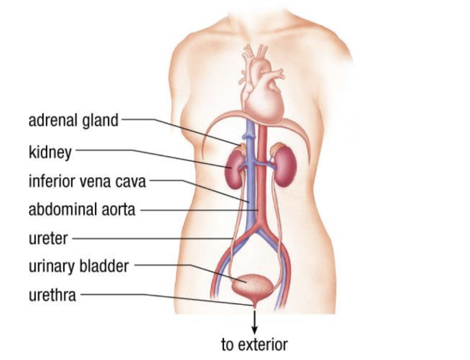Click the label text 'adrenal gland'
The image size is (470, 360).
point(73,120)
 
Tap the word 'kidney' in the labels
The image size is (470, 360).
point(50,152)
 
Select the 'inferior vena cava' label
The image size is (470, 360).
point(87,182)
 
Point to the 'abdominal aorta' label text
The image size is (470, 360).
point(82,210)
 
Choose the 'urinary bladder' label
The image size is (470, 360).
point(78,266)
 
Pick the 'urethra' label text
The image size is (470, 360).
point(52,295)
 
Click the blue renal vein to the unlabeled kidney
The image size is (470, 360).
point(265,165)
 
